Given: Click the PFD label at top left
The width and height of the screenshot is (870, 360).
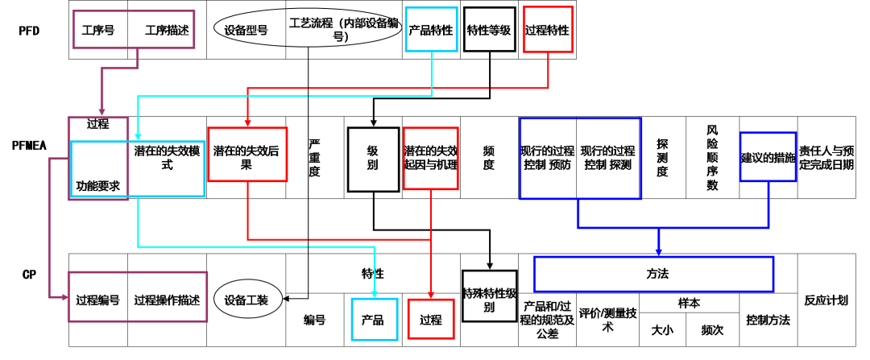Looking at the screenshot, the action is coord(30,31).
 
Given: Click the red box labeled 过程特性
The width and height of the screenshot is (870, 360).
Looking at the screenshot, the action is coord(548,31).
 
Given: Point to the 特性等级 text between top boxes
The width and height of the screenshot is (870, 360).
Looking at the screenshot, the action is coord(489,31).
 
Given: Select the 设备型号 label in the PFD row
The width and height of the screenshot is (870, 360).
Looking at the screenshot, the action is coord(246,31).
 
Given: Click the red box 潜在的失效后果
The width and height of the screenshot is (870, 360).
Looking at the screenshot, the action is coord(247,154).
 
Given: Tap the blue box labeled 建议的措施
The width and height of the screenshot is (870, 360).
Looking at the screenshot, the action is coord(768,157).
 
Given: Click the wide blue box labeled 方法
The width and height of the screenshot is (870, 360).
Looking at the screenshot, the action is coord(653,274).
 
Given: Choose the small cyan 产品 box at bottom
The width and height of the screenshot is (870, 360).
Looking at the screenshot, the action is coord(375,318).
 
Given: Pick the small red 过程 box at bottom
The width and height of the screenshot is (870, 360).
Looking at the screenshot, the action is coord(431,318).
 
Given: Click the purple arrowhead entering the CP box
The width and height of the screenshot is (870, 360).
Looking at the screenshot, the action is coord(64,297).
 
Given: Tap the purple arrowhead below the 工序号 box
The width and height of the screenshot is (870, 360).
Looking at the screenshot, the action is coord(101,112).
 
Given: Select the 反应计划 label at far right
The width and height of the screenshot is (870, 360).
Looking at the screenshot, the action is coord(826,300).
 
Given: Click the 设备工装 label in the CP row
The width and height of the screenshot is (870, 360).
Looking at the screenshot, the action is coord(246,300).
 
